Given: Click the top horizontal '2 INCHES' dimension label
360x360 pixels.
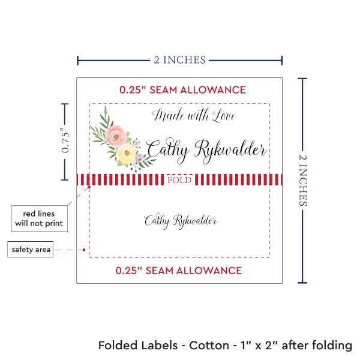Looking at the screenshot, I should click(179, 59).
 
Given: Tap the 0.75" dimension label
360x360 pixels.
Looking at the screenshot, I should click(65, 141).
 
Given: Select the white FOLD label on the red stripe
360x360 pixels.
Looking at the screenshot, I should click(180, 180).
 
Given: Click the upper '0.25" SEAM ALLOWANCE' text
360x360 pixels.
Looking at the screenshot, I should click(182, 90).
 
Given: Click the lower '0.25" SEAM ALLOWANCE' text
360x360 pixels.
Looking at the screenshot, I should click(179, 271).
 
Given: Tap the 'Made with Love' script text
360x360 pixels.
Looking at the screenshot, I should click(194, 116).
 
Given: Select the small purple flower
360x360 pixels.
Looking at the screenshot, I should click(140, 158).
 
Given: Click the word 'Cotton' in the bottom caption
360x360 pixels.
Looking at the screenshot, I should click(208, 346).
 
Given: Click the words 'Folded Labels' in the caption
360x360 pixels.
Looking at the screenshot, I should click(138, 346).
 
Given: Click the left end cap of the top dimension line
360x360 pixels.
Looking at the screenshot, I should click(77, 60).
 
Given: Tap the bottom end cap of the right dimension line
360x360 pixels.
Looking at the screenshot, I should click(302, 283).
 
